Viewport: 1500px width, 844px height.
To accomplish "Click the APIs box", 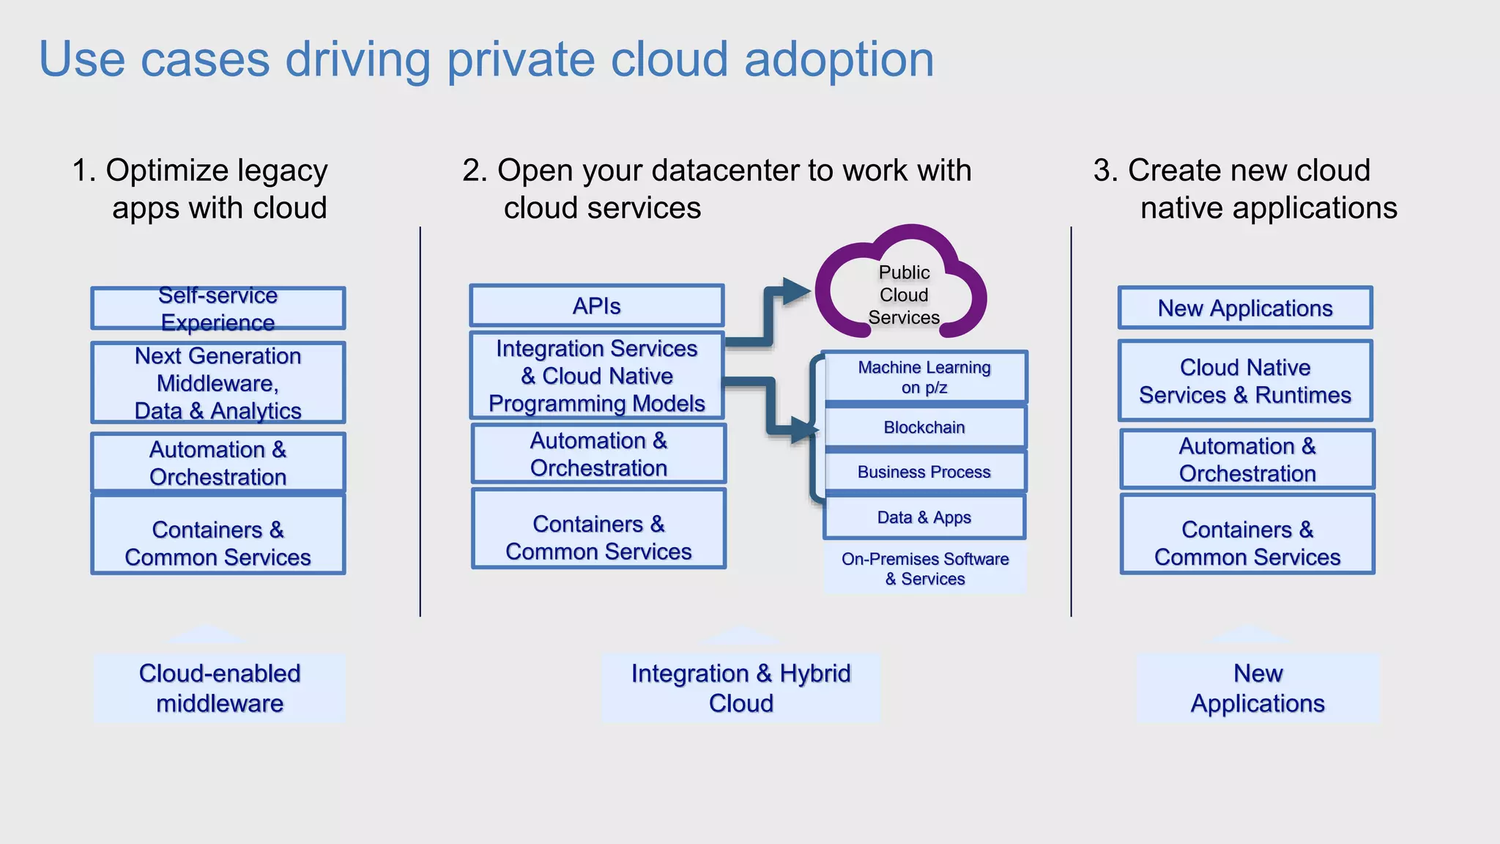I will (597, 306).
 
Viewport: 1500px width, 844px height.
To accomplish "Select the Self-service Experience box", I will (218, 308).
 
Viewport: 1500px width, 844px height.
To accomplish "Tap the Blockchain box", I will (924, 427).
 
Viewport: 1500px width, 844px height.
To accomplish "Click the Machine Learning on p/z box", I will (924, 377).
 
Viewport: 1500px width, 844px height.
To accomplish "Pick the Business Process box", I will (924, 472).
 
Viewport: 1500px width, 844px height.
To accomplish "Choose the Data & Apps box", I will (924, 517).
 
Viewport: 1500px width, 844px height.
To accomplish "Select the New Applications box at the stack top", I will (1244, 308).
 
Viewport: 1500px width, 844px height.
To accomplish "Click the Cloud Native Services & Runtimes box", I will (1244, 381).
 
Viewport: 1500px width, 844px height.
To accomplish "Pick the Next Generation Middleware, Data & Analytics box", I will (218, 383).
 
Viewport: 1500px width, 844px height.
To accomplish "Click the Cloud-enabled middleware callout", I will (219, 688).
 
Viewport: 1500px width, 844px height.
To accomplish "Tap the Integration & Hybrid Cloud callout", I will (740, 688).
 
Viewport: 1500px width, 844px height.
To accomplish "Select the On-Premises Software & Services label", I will (924, 569).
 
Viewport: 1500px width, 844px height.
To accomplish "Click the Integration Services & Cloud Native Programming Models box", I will (597, 376).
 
